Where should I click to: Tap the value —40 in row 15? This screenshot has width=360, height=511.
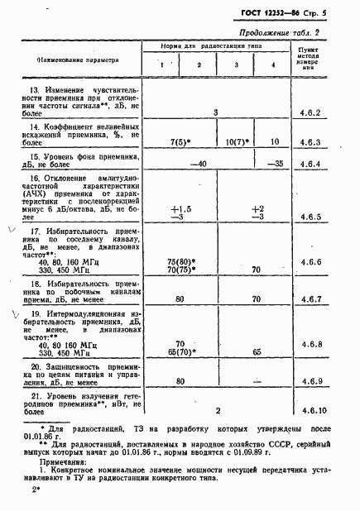198,164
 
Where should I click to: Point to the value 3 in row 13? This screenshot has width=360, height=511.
215,111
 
